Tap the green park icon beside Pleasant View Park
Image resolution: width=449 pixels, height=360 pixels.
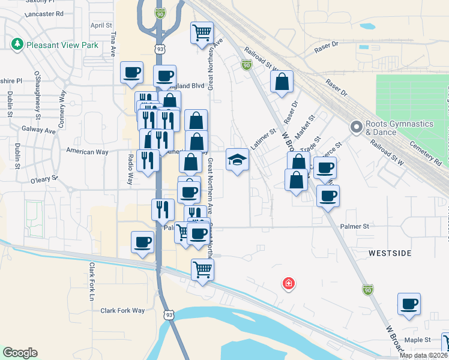(17, 44)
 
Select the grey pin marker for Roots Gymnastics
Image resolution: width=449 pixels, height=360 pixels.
(356, 127)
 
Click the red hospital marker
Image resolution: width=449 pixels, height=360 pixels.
(289, 283)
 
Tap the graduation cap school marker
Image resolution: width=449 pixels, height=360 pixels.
(238, 160)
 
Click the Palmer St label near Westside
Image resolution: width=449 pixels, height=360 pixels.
(354, 227)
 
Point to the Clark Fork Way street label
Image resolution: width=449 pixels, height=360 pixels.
(122, 310)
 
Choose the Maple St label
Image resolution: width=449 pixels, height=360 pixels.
(418, 340)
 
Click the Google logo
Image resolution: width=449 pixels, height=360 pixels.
(20, 353)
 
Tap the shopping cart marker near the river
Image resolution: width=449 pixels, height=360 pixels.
(203, 269)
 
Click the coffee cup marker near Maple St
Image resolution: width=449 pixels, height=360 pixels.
(409, 304)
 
